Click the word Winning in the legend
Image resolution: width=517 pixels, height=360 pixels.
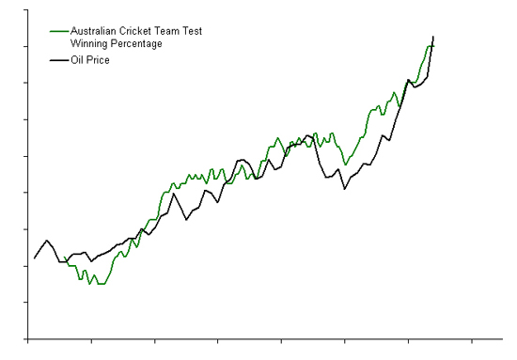click(x=89, y=43)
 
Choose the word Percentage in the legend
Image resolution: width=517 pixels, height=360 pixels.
click(x=136, y=43)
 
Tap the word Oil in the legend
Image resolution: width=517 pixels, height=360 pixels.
click(x=78, y=60)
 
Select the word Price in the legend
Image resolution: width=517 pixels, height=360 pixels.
click(x=99, y=60)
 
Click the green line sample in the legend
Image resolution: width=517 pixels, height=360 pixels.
click(x=58, y=31)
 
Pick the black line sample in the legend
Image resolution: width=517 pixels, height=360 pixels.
click(x=58, y=60)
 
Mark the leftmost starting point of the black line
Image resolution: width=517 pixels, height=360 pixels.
click(x=35, y=258)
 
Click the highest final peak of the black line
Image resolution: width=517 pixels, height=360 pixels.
click(x=433, y=36)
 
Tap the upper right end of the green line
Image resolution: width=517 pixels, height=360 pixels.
click(x=433, y=45)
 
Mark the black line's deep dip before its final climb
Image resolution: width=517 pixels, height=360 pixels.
click(x=345, y=189)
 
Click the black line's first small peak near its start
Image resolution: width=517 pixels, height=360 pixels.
click(x=47, y=241)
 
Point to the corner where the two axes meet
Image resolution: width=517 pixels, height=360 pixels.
click(x=28, y=338)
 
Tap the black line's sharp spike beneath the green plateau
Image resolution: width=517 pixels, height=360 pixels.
click(x=174, y=194)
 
